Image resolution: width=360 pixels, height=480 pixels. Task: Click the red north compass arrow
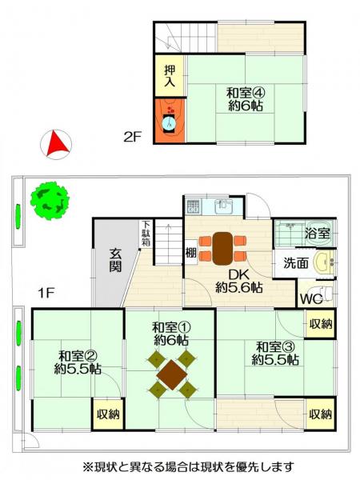(58, 143)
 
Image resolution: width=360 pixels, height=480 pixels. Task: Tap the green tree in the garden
(50, 201)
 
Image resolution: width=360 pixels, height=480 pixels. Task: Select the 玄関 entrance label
(115, 261)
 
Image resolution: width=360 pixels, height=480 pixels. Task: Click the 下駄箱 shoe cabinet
(146, 234)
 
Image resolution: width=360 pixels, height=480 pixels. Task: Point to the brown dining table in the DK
(222, 248)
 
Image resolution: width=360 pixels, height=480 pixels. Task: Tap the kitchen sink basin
(223, 206)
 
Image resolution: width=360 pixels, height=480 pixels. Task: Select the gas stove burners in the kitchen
(193, 206)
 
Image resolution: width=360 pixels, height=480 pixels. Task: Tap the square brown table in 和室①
(172, 374)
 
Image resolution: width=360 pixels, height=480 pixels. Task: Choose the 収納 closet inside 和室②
(108, 414)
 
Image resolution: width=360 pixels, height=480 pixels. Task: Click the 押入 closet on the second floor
(170, 76)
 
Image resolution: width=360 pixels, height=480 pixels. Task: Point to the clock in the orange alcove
(170, 123)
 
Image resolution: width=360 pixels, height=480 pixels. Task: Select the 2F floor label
(132, 137)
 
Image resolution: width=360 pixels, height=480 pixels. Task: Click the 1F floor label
(46, 294)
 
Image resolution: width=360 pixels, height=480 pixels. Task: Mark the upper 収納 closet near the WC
(321, 324)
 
